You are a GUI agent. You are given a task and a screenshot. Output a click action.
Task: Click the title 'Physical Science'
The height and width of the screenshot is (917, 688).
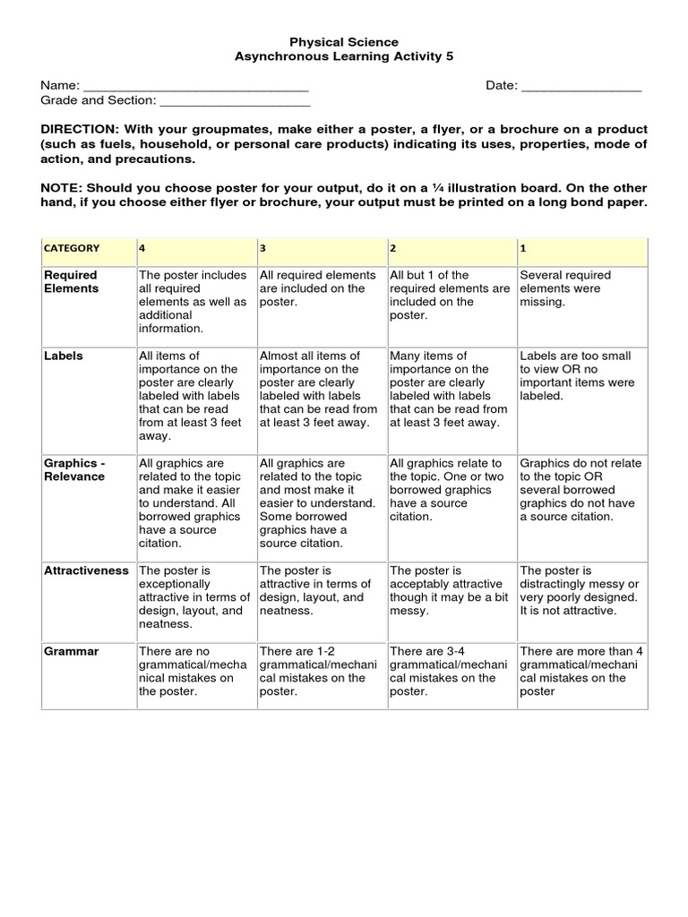344,42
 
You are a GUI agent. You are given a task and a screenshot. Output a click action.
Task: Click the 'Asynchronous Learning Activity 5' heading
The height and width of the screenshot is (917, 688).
344,56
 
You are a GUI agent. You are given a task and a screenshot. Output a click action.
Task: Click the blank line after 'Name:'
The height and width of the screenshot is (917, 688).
195,86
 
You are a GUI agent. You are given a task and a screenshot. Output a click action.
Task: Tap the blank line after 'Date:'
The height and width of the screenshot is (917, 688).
581,86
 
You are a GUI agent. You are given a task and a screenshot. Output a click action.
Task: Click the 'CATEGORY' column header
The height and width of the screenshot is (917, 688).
74,248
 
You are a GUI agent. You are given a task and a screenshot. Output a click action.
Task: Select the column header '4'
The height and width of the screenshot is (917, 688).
142,248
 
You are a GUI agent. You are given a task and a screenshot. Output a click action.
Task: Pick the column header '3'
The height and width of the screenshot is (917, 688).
262,248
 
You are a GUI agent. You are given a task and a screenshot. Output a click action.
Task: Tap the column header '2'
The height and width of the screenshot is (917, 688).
393,248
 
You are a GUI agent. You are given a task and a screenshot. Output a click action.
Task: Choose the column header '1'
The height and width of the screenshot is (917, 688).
523,248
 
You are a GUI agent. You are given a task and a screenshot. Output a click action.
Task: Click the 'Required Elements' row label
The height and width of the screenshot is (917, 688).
71,282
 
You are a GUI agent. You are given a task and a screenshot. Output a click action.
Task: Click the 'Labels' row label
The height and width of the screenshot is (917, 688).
64,356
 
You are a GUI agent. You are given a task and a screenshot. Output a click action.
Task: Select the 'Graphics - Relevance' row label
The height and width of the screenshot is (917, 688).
74,470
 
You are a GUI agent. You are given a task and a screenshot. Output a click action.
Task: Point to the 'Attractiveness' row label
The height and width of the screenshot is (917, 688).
87,570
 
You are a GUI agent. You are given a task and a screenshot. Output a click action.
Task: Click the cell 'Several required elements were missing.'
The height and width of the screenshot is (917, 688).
566,288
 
